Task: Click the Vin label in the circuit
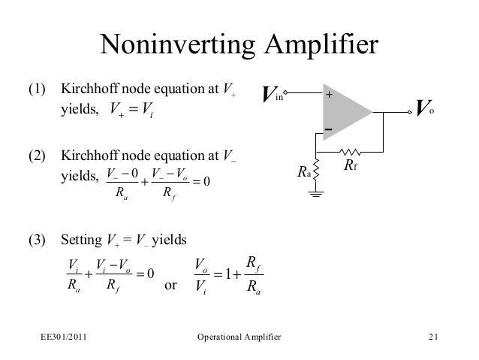271,95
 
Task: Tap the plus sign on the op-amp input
328,95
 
